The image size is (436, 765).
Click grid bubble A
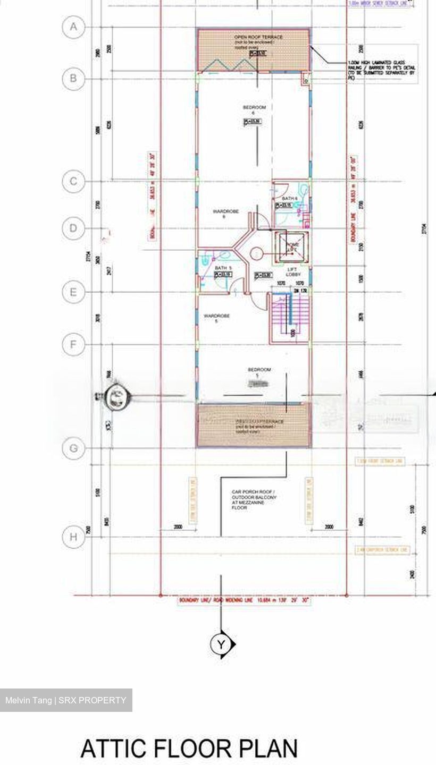pyautogui.click(x=73, y=27)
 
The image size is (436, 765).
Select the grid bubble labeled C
pyautogui.click(x=73, y=182)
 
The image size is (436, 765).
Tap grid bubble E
pyautogui.click(x=73, y=292)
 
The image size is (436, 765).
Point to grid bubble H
pyautogui.click(x=73, y=537)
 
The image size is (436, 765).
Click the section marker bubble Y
pyautogui.click(x=221, y=644)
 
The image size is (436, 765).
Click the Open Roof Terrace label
pyautogui.click(x=258, y=37)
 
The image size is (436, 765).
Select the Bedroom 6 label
pyautogui.click(x=254, y=110)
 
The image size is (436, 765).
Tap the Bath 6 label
pyautogui.click(x=290, y=198)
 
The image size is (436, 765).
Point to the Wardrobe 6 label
pyautogui.click(x=226, y=214)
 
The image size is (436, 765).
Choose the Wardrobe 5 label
pyautogui.click(x=216, y=318)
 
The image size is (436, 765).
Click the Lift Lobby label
pyautogui.click(x=293, y=272)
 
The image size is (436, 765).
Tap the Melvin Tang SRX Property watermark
pyautogui.click(x=66, y=700)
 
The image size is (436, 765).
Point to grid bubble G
pyautogui.click(x=73, y=448)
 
